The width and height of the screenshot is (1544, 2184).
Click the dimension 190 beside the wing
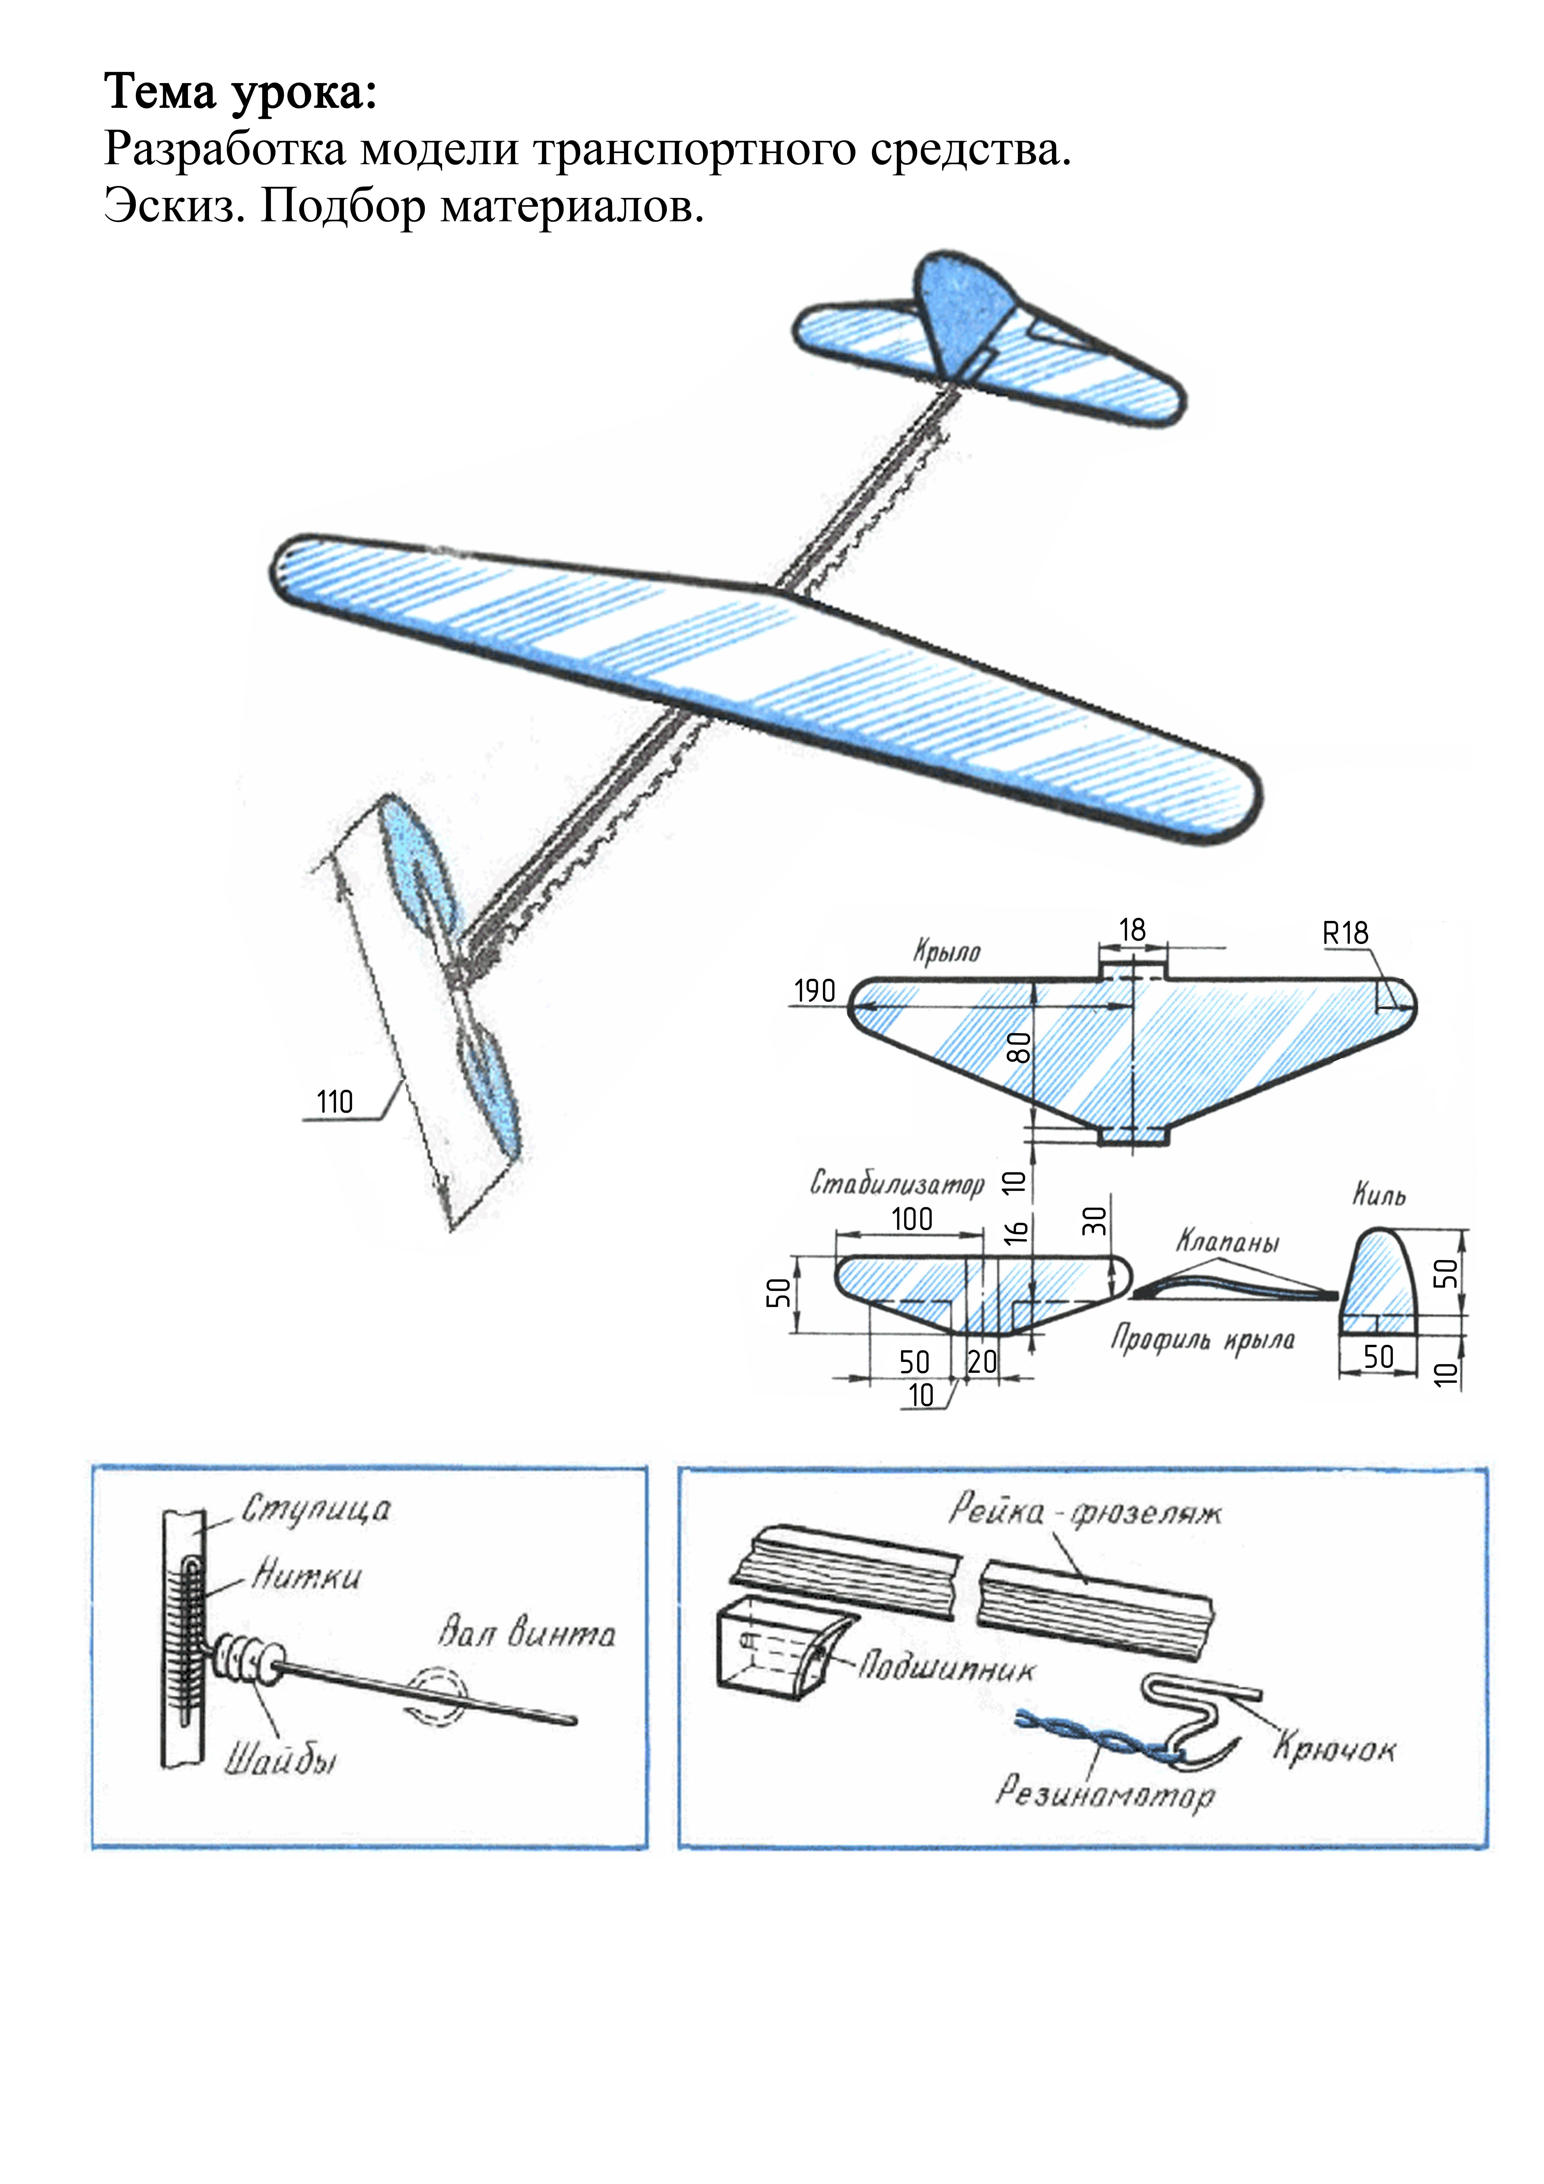814,991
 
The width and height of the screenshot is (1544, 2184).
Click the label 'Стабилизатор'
896,1183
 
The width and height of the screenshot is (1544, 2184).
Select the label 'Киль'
1379,1195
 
